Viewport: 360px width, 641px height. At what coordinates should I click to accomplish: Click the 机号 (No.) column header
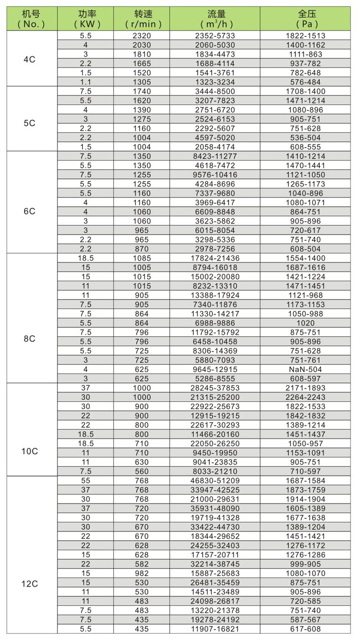coord(31,19)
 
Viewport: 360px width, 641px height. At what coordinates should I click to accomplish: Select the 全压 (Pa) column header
coord(305,19)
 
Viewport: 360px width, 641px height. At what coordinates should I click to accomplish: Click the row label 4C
coord(31,59)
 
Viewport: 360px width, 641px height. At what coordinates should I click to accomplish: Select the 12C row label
coord(31,583)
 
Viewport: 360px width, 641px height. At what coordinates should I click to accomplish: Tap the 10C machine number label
coord(31,451)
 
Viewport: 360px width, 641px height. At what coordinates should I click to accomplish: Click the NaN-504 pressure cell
coord(305,369)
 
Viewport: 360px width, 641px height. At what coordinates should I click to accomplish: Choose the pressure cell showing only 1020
coord(305,323)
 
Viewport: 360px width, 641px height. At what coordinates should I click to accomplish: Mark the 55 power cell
coord(86,481)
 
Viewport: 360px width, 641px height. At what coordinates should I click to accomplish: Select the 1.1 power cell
coord(86,82)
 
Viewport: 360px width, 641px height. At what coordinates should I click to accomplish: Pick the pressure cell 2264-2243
coord(305,397)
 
